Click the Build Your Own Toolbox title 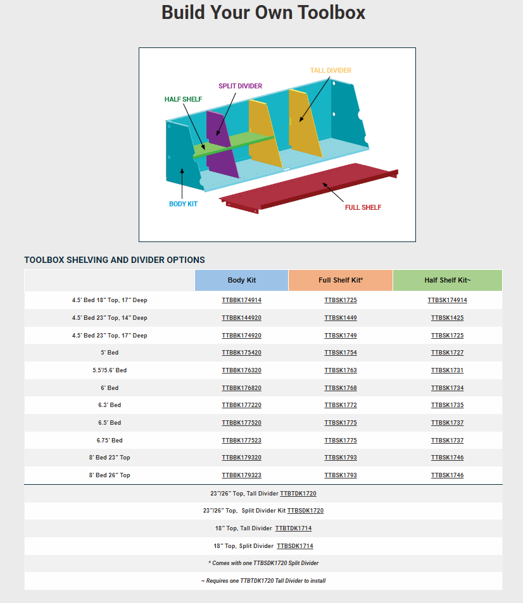click(263, 12)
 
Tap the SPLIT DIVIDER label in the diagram click(240, 86)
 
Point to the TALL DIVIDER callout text click(331, 70)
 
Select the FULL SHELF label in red click(363, 207)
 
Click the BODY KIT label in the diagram click(183, 204)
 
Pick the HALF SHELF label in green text click(183, 99)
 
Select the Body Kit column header click(241, 280)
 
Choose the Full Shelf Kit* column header click(340, 280)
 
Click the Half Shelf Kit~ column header click(447, 280)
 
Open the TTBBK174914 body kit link click(241, 300)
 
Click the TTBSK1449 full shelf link click(340, 318)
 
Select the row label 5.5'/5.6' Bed click(110, 370)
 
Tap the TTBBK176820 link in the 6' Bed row click(241, 388)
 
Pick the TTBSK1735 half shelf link click(447, 405)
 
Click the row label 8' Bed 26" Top click(110, 475)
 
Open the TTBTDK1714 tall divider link click(293, 528)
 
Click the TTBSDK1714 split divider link click(294, 546)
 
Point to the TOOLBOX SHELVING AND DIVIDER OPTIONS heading click(115, 260)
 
